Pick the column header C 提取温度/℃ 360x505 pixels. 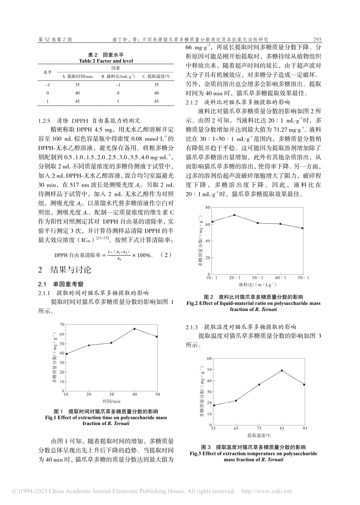pos(156,77)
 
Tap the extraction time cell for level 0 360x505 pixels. pos(77,93)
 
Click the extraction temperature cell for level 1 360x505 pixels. pos(157,101)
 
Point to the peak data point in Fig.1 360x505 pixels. pos(134,329)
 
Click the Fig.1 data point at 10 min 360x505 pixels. pos(66,354)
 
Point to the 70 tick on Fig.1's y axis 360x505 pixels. pos(61,324)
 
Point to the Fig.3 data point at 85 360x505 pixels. pos(282,371)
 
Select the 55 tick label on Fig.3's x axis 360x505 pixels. pos(213,428)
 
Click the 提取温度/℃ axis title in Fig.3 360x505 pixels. pos(258,435)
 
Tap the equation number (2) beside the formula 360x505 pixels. pos(166,255)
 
